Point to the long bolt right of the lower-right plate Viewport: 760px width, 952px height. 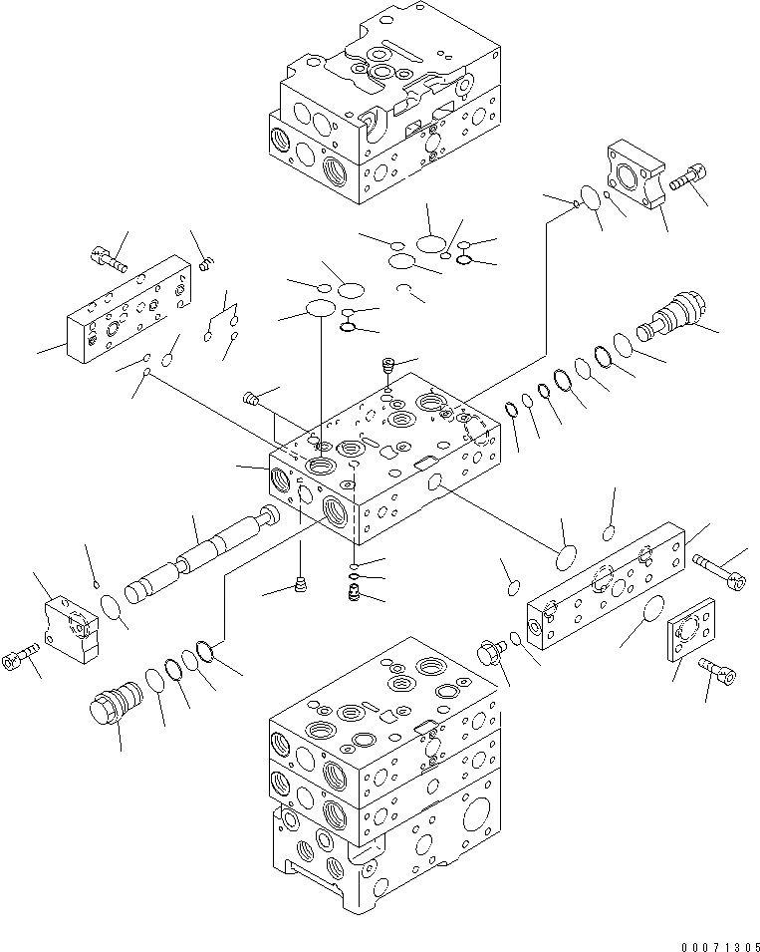(x=716, y=572)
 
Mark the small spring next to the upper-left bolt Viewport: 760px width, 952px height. (x=207, y=264)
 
